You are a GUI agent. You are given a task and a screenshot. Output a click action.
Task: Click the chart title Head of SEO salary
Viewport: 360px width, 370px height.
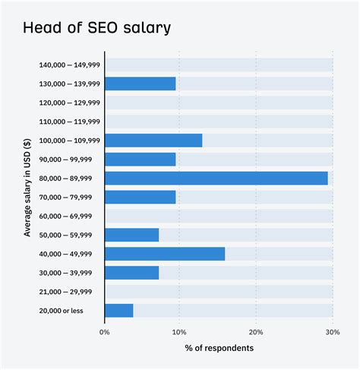[97, 28]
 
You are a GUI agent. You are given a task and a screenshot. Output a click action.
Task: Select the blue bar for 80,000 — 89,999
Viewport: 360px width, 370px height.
[216, 178]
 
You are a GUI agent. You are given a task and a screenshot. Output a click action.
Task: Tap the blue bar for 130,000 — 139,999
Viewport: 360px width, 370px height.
[140, 84]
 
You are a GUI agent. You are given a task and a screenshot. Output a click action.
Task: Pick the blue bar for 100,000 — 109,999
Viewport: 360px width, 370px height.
[153, 141]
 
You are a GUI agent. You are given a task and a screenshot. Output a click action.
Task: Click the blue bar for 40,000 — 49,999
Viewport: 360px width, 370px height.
[165, 254]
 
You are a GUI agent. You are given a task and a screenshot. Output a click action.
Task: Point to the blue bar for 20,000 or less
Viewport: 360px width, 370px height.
[118, 310]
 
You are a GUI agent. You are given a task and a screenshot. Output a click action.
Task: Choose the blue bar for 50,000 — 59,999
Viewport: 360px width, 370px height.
[131, 235]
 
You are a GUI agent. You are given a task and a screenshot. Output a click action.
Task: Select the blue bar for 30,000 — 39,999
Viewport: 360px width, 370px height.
[131, 272]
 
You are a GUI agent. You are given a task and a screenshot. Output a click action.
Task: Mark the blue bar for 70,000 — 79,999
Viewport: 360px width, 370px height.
[140, 197]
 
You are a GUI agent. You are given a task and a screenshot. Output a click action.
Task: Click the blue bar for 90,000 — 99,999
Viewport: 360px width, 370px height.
[140, 160]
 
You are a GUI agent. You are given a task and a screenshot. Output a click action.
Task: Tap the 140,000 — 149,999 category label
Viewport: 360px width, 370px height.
[69, 65]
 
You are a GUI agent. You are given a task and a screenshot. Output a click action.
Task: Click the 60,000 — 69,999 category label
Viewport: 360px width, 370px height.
[69, 216]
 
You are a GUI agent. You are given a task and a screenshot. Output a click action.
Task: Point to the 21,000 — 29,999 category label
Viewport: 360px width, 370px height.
[69, 291]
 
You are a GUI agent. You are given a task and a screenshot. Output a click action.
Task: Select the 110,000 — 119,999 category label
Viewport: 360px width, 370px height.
[69, 122]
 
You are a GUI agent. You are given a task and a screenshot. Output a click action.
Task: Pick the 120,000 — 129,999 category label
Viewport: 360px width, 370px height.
[69, 103]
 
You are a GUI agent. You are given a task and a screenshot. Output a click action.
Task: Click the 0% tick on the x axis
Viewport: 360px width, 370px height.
[105, 331]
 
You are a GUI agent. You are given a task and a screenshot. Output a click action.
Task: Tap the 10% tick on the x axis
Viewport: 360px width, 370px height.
[179, 331]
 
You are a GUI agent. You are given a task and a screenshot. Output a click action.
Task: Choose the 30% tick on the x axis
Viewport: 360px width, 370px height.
[332, 331]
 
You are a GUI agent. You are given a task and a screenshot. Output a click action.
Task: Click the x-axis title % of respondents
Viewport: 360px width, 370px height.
[219, 348]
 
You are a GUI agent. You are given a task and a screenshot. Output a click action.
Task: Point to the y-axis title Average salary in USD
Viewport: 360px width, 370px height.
[27, 188]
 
